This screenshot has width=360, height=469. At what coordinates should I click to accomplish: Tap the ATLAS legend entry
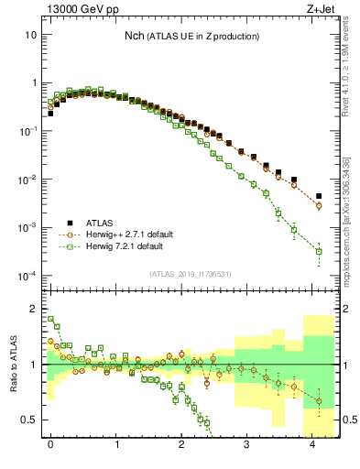[x=101, y=222]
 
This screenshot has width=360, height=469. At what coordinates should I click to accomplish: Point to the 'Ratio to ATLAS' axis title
[x=14, y=365]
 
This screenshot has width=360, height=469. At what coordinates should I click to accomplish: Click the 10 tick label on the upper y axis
[x=31, y=34]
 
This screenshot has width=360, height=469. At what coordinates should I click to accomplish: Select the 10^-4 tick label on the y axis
[x=27, y=275]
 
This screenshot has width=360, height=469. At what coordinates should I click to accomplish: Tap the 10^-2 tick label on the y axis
[x=27, y=179]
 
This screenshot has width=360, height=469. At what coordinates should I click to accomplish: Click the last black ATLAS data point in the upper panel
[x=319, y=196]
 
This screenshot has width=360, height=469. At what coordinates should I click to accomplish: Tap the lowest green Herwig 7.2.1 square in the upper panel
[x=319, y=251]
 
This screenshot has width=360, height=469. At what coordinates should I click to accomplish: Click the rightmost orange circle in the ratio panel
[x=319, y=401]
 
